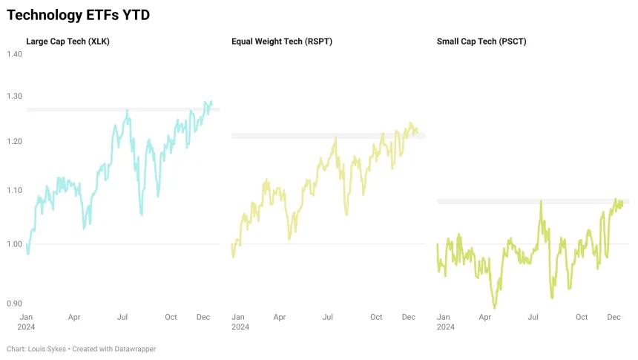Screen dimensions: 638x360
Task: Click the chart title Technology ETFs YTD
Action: [78, 15]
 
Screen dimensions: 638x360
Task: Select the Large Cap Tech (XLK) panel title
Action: [68, 42]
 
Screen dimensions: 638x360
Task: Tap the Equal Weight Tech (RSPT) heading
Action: [282, 42]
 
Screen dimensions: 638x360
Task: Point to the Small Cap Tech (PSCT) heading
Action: [481, 42]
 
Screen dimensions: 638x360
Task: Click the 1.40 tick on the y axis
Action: [14, 54]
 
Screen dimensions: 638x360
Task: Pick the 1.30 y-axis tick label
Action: [14, 96]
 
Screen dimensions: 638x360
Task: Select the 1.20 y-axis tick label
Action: [14, 141]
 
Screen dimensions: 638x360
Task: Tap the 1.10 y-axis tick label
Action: [14, 190]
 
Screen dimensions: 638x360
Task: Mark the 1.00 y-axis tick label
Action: [14, 244]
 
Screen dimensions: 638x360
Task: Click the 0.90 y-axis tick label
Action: [14, 304]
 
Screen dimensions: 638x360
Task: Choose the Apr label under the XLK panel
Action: [74, 317]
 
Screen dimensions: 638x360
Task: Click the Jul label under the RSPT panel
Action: [328, 317]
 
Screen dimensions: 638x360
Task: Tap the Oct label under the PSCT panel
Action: [582, 317]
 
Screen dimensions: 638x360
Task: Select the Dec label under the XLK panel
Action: [203, 317]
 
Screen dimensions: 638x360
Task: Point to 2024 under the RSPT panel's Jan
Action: [240, 327]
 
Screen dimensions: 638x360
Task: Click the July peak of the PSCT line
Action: [541, 201]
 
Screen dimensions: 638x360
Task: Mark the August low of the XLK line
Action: [142, 214]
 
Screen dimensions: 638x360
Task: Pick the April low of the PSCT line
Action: [495, 307]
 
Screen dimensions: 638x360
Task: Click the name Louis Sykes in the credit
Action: [47, 349]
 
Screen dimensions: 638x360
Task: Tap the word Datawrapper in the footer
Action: [135, 349]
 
